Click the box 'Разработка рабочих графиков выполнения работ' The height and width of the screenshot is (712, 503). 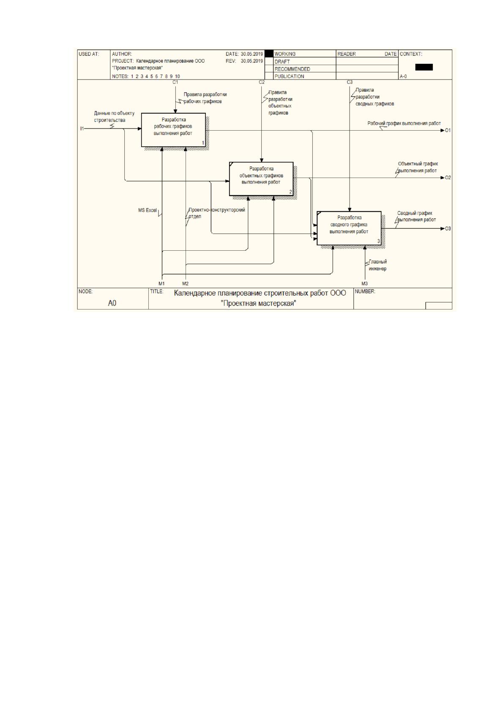pos(173,130)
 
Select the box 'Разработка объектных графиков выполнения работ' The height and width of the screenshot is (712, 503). pos(261,179)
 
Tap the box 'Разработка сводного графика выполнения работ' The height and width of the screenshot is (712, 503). pos(349,228)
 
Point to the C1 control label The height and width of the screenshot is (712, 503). pos(175,82)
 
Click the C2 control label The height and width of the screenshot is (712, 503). pos(262,82)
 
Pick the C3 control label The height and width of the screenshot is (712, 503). pos(350,82)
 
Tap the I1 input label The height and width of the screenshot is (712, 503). pos(82,129)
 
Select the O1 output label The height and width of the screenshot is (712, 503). pos(448,130)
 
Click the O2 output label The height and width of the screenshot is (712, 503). pos(448,178)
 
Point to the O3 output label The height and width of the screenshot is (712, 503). pos(448,229)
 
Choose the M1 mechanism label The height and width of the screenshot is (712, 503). pos(162,284)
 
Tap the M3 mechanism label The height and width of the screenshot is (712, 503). pos(364,284)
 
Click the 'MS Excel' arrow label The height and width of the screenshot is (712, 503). pos(148,210)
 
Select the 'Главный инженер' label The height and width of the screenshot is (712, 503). pos(378,265)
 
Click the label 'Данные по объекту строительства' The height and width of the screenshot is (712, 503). pos(114,117)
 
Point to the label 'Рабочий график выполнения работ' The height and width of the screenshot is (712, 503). pos(404,123)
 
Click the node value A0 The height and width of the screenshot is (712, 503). pos(112,303)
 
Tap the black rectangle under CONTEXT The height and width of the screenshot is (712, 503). pos(424,67)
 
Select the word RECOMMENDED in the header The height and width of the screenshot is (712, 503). pos(292,69)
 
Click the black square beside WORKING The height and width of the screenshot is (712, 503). pos(269,54)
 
